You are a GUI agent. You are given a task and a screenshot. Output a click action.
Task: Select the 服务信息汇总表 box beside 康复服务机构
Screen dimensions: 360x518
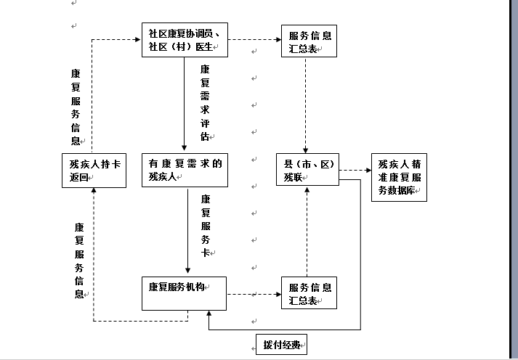point(309,292)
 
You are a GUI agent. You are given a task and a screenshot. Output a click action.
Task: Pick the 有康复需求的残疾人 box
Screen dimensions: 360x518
point(184,170)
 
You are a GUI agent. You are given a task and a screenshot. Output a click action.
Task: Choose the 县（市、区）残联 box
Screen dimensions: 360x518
point(307,170)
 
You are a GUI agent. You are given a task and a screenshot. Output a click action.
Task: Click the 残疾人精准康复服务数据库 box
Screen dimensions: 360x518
point(398,177)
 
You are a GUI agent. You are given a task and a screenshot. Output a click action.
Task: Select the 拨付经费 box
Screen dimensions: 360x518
point(281,345)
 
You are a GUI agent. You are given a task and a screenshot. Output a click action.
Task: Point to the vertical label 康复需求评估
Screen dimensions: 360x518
point(205,102)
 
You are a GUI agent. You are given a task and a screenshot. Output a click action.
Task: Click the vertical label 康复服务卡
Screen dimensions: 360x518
point(206,225)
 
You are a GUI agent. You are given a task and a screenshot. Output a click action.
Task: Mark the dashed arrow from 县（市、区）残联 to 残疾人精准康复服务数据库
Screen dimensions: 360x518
point(355,171)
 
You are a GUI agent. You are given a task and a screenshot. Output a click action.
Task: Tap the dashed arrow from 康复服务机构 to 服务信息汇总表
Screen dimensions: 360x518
point(254,295)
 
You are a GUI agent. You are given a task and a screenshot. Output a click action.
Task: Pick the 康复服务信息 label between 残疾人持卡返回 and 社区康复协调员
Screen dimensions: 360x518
point(76,107)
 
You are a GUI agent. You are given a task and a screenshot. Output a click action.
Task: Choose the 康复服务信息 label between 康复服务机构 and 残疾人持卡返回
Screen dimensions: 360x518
point(78,260)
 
